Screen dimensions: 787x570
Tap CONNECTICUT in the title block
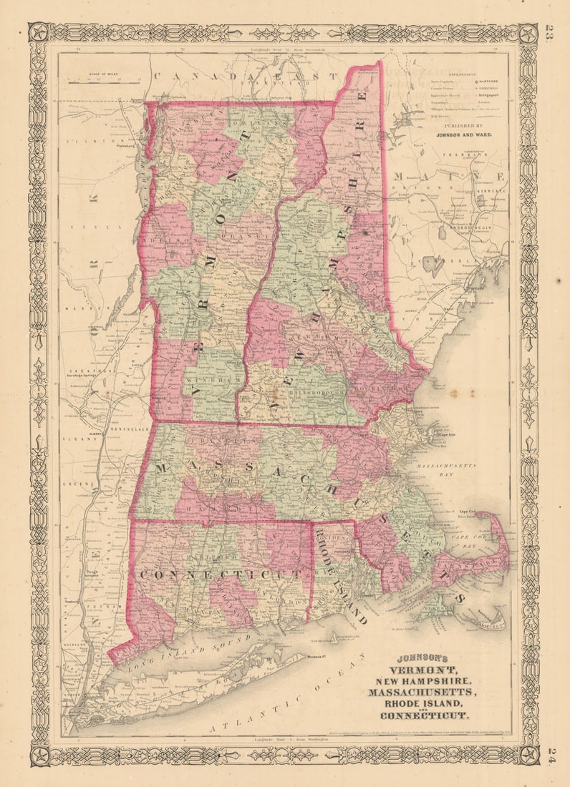[x=425, y=716]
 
